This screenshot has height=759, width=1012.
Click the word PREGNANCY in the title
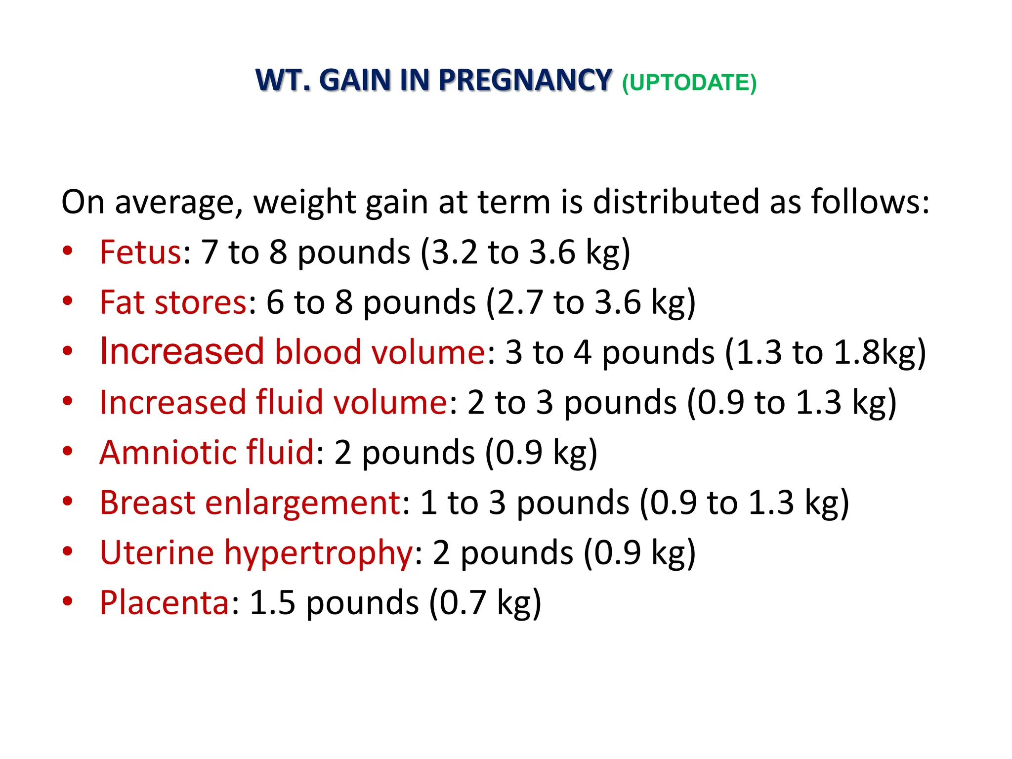(x=525, y=80)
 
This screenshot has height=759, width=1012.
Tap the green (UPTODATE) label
(x=689, y=83)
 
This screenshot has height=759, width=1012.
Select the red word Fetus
(x=140, y=252)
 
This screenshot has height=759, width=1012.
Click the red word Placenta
(x=165, y=602)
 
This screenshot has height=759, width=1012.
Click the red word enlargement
(x=303, y=503)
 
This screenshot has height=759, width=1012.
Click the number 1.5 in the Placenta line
(x=272, y=602)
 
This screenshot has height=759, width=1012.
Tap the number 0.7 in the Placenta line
(x=463, y=602)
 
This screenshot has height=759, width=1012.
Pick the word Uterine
(x=157, y=552)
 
